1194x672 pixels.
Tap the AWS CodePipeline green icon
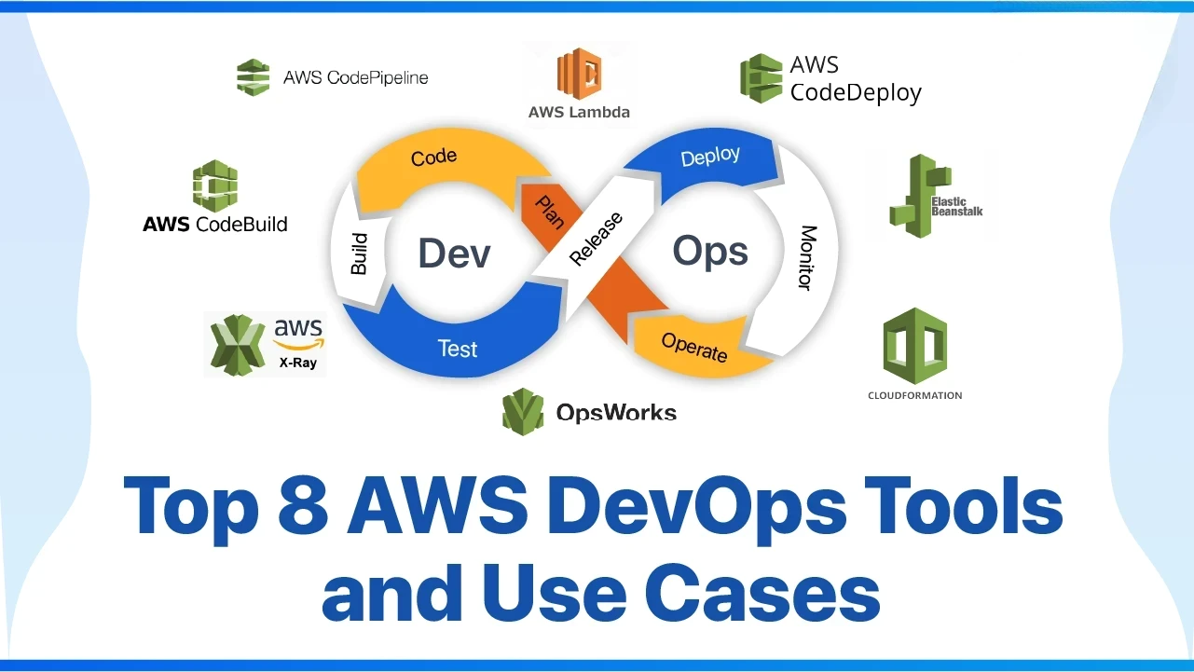(x=253, y=77)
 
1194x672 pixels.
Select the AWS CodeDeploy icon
(x=761, y=78)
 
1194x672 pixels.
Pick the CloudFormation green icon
(x=914, y=347)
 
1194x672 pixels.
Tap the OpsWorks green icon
(x=523, y=412)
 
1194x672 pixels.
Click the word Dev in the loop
(x=454, y=254)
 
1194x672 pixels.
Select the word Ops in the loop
(x=710, y=251)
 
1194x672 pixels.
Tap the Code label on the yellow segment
(x=434, y=157)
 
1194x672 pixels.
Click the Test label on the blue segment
(x=458, y=349)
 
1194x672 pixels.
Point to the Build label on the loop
(x=359, y=254)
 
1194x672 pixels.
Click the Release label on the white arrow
(x=596, y=239)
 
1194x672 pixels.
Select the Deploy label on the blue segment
(x=710, y=157)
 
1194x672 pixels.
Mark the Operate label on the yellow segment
(x=693, y=347)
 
